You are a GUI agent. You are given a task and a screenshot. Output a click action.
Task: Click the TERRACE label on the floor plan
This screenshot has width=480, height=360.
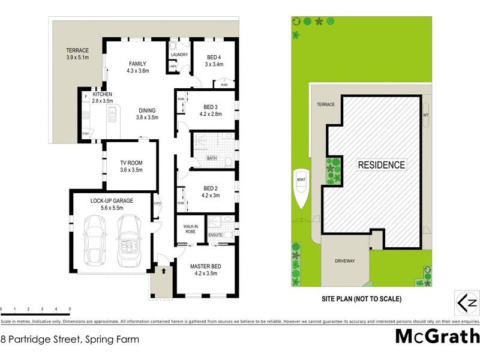(77, 50)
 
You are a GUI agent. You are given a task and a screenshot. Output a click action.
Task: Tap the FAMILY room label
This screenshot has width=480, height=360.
(137, 64)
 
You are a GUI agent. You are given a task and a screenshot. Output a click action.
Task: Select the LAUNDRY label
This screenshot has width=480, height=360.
(179, 55)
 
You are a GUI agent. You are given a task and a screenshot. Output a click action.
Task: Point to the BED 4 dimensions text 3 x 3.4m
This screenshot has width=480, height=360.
(214, 64)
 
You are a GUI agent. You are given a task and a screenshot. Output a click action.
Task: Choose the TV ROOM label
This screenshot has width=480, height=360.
(130, 163)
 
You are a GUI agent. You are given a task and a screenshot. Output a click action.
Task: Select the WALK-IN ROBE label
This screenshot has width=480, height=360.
(190, 229)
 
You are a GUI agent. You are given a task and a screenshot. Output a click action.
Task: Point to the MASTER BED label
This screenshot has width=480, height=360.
(206, 266)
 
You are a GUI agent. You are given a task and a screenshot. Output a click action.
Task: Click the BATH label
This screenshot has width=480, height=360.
(212, 158)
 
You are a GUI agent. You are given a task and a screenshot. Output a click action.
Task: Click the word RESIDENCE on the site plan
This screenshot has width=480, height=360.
(382, 164)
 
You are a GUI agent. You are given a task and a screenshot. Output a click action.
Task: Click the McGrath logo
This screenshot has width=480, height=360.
(437, 336)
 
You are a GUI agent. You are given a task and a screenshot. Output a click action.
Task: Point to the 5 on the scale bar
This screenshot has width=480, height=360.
(70, 309)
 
